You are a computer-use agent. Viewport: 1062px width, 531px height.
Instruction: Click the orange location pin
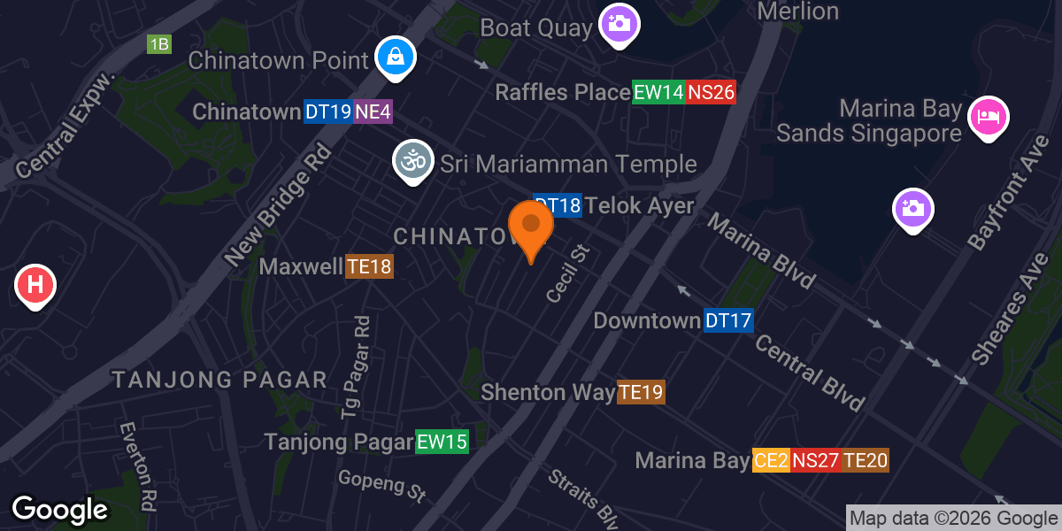[531, 226]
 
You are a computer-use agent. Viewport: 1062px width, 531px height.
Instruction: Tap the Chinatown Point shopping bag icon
[396, 58]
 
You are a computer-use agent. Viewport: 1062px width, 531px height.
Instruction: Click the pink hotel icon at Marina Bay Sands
[989, 117]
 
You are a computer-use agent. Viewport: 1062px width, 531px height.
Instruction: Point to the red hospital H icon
[36, 286]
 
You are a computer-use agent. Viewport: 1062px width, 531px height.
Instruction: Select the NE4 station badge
[373, 112]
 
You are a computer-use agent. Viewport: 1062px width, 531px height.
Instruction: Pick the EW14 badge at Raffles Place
[658, 92]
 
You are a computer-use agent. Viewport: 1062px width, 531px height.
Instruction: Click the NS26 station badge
[712, 92]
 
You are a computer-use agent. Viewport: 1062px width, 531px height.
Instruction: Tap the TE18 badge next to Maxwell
[368, 266]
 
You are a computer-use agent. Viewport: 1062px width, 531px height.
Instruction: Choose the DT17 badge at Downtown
[728, 320]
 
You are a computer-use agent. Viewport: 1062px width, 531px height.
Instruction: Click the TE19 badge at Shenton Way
[641, 392]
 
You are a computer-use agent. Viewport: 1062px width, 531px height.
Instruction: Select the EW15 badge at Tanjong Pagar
[442, 442]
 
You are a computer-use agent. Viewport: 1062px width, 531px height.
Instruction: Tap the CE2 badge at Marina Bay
[771, 460]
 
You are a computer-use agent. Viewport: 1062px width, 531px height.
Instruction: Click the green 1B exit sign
[159, 44]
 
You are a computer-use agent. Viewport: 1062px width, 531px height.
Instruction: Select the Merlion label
[798, 12]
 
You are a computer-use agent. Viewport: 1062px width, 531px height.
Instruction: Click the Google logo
[59, 510]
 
